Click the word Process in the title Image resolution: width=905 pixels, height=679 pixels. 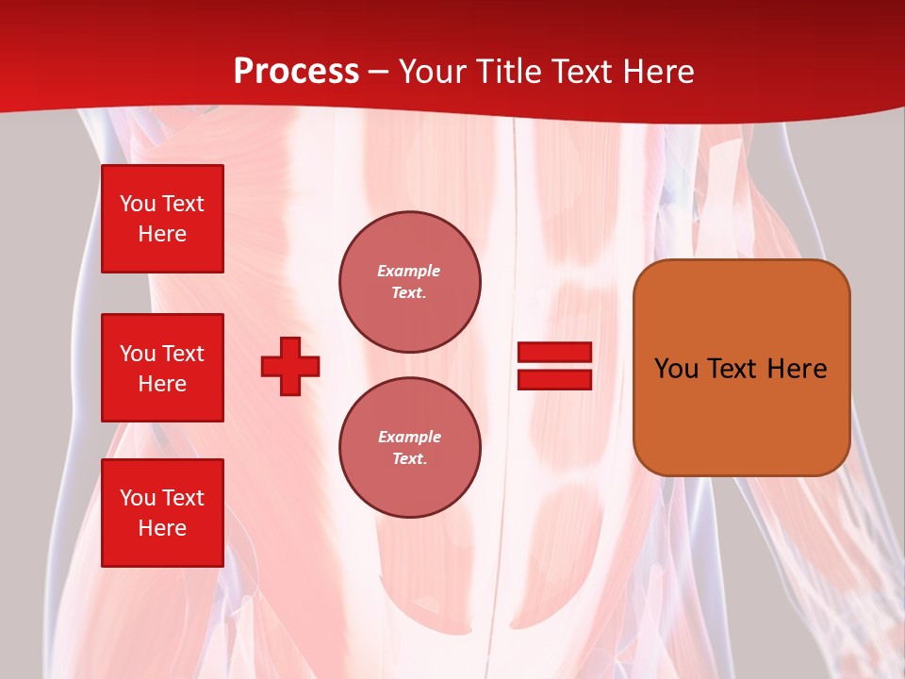(296, 72)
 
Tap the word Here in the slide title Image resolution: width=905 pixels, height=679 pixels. (658, 72)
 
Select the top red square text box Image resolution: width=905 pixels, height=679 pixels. (162, 219)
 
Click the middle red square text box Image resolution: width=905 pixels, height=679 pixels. (162, 368)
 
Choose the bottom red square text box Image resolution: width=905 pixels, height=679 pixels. (162, 512)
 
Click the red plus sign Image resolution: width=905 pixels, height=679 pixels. (290, 366)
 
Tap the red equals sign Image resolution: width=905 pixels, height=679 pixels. (554, 366)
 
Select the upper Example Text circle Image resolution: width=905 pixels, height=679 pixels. (410, 282)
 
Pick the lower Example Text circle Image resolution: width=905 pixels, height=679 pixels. (410, 448)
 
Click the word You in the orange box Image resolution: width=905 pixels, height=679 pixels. (676, 369)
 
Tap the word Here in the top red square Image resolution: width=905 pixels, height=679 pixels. (162, 235)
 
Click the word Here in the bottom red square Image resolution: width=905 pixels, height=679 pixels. (162, 528)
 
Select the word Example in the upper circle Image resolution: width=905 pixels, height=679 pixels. (408, 271)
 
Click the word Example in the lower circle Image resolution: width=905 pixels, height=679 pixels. (409, 437)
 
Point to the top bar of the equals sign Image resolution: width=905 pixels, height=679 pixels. (554, 353)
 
